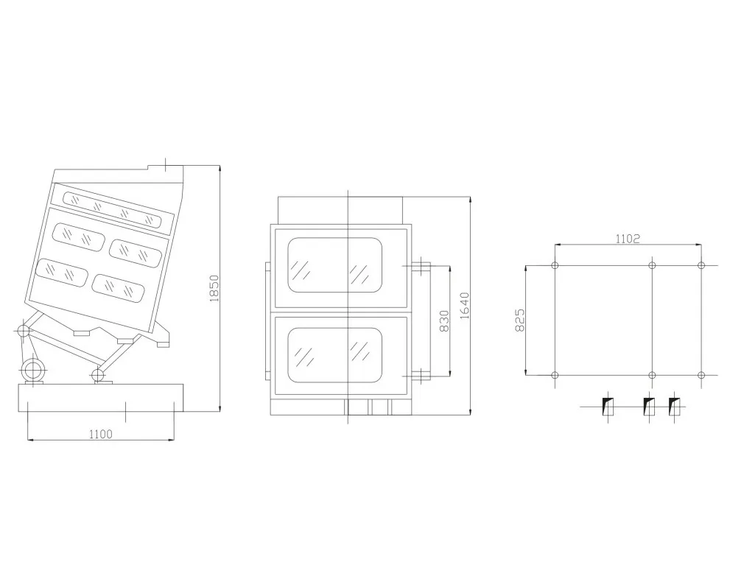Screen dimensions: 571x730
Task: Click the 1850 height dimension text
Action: (x=214, y=288)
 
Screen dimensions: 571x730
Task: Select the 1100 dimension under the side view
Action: (x=100, y=434)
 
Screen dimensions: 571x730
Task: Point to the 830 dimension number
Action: (x=444, y=320)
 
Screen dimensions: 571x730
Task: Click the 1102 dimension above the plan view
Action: (x=628, y=239)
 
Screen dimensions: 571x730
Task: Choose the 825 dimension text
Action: (x=519, y=320)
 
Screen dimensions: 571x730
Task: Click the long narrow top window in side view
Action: (x=113, y=209)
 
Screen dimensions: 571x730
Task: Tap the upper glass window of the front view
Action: (x=335, y=265)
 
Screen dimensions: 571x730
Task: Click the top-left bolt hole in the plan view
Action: (x=555, y=265)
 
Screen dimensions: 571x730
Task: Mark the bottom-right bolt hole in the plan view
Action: (x=701, y=375)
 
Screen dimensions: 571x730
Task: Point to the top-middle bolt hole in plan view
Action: (x=652, y=265)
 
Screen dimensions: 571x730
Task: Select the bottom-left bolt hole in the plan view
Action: (x=555, y=375)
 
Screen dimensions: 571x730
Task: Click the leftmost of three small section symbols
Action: (x=608, y=407)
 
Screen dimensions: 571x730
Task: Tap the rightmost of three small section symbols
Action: (x=674, y=407)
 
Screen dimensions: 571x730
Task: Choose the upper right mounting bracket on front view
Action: (x=420, y=266)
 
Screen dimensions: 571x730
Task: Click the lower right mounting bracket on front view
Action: (x=420, y=374)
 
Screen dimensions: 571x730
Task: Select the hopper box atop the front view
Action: (x=340, y=211)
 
